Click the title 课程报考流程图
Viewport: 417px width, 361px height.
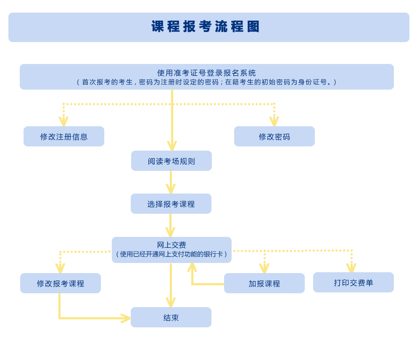pos(206,27)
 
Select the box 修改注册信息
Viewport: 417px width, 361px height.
pos(64,137)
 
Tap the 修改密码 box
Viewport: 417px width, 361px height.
pos(274,137)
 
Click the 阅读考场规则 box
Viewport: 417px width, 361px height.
pos(171,161)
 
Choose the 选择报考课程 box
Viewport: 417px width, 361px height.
pos(171,204)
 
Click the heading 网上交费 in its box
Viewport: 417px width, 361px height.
pos(172,245)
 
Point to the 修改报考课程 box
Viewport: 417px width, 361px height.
pos(61,284)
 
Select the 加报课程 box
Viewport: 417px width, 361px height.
pos(264,284)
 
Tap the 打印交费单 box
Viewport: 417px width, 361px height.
pos(353,283)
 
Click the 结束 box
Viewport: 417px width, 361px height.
pos(171,318)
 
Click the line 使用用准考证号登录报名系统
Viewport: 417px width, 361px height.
pos(206,73)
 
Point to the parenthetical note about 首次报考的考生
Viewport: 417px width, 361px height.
pos(206,82)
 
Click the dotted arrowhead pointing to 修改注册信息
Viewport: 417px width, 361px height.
pos(63,122)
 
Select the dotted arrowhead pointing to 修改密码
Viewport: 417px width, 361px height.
pos(274,122)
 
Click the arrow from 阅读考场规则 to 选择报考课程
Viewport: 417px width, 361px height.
pos(171,183)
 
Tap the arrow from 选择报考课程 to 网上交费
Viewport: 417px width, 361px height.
pos(170,226)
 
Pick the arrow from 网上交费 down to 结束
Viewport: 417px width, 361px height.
pos(171,286)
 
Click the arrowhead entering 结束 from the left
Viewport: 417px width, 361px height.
pos(126,318)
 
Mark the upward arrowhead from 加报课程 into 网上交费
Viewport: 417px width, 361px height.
pos(192,267)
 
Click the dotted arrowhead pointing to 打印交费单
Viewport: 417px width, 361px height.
pos(351,268)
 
